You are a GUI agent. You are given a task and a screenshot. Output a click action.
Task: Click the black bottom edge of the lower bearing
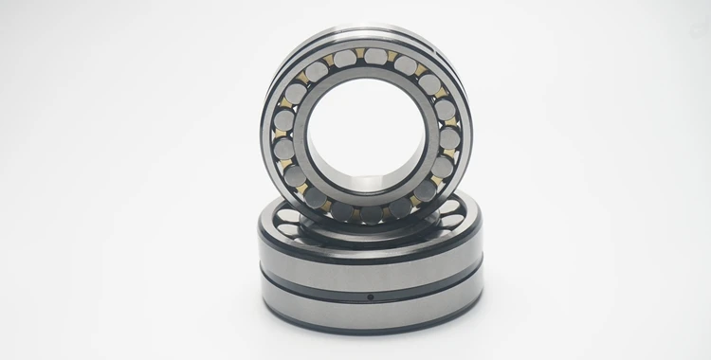point(370,331)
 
